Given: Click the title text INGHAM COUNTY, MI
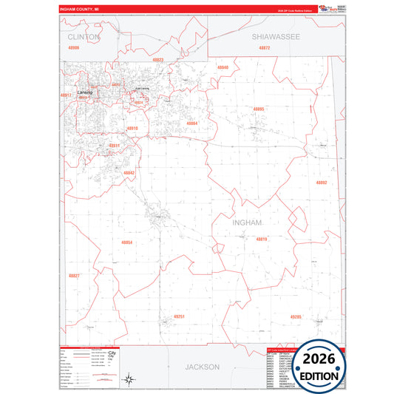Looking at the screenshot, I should point(82,10).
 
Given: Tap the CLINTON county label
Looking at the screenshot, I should point(82,35).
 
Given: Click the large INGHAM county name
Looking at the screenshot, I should point(247,222).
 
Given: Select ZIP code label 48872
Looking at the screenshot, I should point(265,47).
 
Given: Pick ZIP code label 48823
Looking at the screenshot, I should point(158,60).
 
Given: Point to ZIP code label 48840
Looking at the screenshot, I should point(223,67).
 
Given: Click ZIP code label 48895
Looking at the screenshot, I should point(258,109).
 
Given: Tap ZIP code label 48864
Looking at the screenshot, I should point(191,123).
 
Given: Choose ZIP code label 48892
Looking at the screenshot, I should point(321,182).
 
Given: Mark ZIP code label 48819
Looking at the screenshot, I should point(262,239).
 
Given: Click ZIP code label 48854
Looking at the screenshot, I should point(127,242).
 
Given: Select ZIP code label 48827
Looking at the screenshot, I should point(74,276).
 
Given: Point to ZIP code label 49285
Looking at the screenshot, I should point(296,316).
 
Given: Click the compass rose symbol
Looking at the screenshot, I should point(128,379).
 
